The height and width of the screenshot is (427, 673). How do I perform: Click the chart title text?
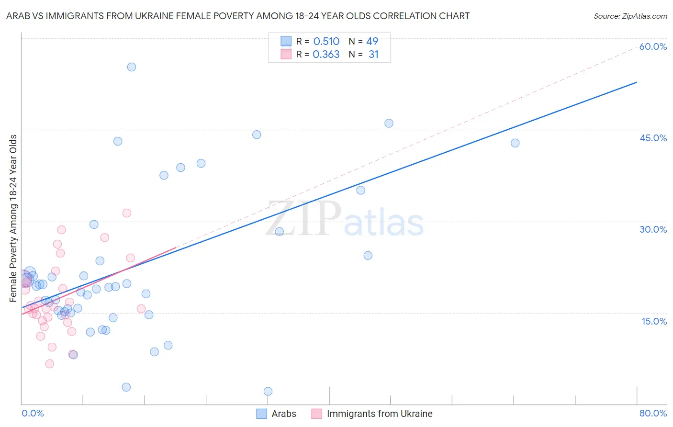[x=237, y=16]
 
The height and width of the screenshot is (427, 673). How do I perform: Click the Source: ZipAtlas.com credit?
[x=630, y=16]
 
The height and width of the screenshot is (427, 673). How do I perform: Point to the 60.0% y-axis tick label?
[x=653, y=46]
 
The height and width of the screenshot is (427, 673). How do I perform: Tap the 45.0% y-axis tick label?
[x=653, y=138]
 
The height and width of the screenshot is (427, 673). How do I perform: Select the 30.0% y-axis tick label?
[x=653, y=229]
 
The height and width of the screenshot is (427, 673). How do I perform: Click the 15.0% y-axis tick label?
[x=654, y=321]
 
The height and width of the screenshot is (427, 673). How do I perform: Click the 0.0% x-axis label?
[x=33, y=413]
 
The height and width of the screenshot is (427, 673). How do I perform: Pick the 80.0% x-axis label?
[x=653, y=413]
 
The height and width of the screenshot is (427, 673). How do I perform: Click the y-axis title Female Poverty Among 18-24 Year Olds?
[x=13, y=218]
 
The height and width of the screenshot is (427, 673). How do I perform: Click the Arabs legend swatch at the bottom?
[x=261, y=414]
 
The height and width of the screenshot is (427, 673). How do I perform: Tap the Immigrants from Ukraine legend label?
[x=379, y=414]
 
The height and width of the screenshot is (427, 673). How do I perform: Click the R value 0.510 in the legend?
[x=326, y=42]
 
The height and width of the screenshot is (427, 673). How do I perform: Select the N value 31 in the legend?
[x=373, y=55]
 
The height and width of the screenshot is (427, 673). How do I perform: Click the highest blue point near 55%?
[x=132, y=67]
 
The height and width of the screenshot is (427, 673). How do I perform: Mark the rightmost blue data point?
[x=515, y=143]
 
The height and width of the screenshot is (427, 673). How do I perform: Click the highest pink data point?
[x=127, y=213]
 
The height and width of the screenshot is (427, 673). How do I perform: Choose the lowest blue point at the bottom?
[x=268, y=392]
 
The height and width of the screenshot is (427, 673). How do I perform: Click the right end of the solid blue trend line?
[x=637, y=82]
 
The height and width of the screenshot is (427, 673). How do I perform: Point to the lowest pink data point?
[x=49, y=364]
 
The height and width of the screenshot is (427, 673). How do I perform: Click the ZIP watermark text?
[x=303, y=219]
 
